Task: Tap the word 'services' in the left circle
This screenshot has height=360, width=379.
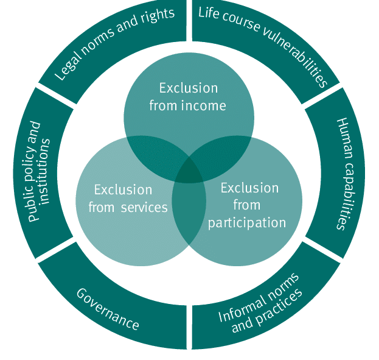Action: tap(144, 207)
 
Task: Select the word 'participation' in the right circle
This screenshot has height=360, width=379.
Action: tap(247, 222)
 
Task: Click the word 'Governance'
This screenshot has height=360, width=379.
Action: tap(108, 309)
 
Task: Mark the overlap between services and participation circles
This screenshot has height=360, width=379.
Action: tap(189, 210)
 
